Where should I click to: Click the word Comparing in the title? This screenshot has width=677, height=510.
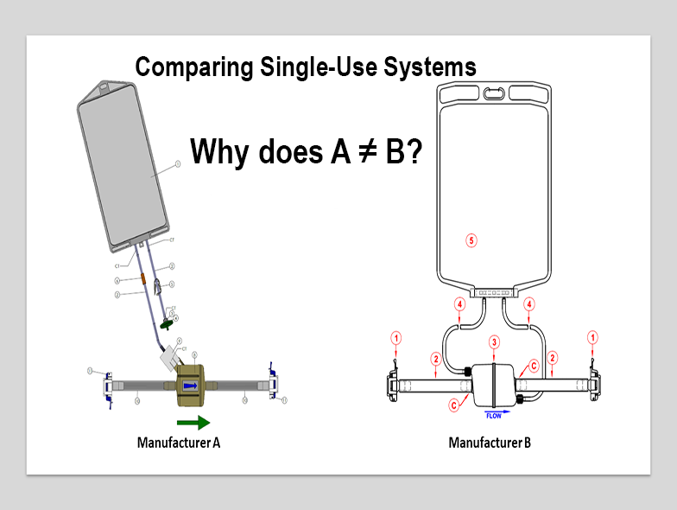coord(184,67)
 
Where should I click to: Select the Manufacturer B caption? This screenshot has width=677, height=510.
coord(490,443)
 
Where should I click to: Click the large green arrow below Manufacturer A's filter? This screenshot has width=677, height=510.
coord(193,423)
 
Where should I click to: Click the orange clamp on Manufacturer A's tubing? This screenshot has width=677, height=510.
coord(142,279)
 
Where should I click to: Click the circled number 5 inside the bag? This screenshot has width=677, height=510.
coord(471,240)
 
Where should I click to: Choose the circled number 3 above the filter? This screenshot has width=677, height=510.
coord(494,343)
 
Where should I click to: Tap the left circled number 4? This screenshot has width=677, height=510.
coord(459,304)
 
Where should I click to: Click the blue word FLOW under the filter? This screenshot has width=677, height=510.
coord(493,416)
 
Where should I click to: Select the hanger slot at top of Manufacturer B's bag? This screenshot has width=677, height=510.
coord(494,92)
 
